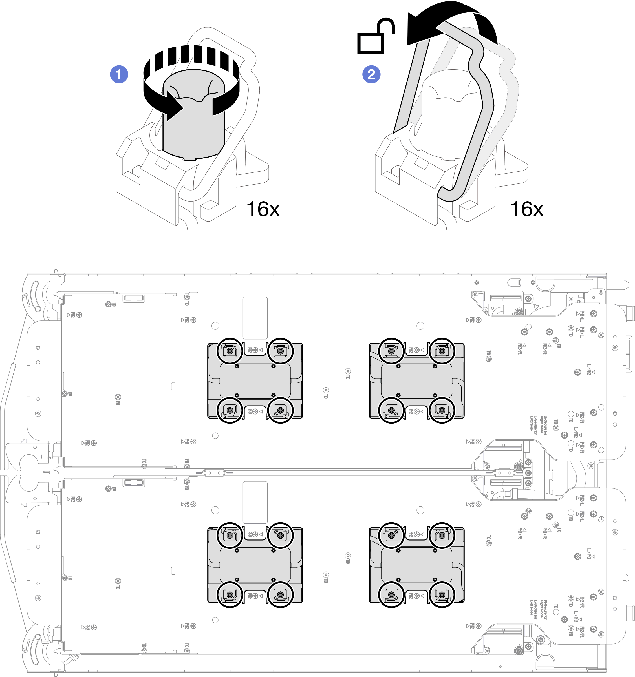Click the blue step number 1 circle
pos(119,74)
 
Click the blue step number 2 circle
pos(371,74)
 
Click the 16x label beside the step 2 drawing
pos(526,209)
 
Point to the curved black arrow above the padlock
pos(450,20)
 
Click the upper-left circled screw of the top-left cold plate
pos(230,351)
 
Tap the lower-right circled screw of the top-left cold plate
pos(280,410)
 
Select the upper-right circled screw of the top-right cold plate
pos(442,351)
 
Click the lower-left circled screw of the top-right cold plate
pos(391,410)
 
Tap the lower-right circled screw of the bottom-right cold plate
pos(442,595)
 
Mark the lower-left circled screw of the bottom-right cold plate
pos(391,595)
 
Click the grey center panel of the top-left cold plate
pos(255,380)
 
